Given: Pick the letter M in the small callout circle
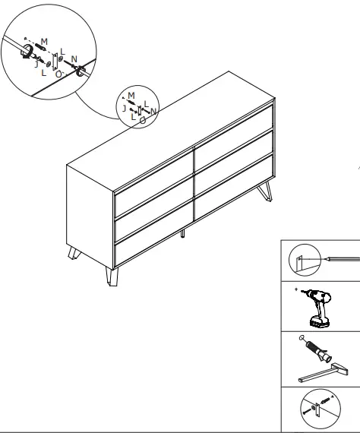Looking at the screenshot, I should (131, 95).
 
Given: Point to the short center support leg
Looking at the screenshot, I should (184, 233).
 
